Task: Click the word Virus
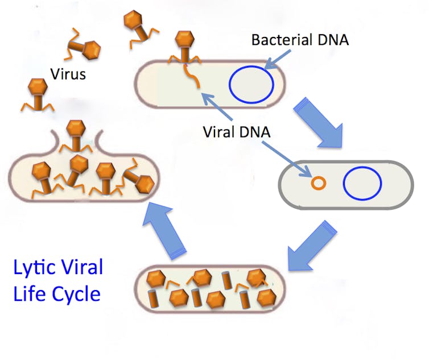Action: pyautogui.click(x=68, y=74)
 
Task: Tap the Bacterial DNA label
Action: pyautogui.click(x=300, y=40)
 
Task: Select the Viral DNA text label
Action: pyautogui.click(x=237, y=132)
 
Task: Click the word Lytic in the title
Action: pyautogui.click(x=33, y=268)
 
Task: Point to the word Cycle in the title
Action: pyautogui.click(x=76, y=295)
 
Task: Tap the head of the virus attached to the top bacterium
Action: pyautogui.click(x=185, y=39)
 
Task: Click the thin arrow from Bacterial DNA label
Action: pyautogui.click(x=278, y=60)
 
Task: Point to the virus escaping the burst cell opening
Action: pyautogui.click(x=76, y=136)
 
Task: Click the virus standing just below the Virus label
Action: pyautogui.click(x=38, y=94)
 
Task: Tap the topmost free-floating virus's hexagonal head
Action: pyautogui.click(x=133, y=20)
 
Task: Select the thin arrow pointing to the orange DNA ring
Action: pyautogui.click(x=286, y=159)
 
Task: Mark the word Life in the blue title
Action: pyautogui.click(x=29, y=293)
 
